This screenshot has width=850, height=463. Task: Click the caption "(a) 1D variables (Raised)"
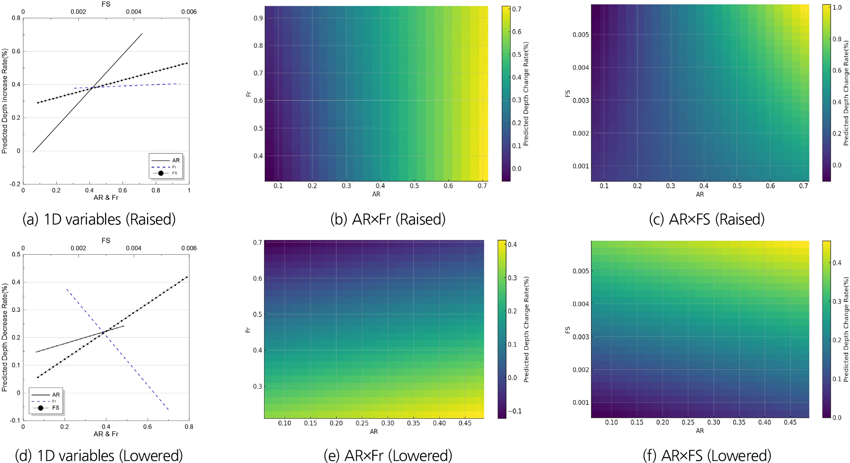(x=99, y=219)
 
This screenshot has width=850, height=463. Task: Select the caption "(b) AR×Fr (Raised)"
(x=388, y=219)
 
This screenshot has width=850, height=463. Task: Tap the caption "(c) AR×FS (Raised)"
(x=707, y=219)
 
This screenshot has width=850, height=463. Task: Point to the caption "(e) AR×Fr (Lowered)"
(x=388, y=455)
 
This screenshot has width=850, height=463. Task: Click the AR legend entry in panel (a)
(x=176, y=160)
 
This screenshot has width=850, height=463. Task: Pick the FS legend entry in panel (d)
(x=55, y=408)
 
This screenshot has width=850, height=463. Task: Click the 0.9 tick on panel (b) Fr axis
(x=258, y=18)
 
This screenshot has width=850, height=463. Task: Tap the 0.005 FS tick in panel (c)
(x=581, y=35)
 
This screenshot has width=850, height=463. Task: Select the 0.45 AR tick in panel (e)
(x=465, y=423)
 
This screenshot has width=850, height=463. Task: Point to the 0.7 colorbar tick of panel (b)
(x=517, y=9)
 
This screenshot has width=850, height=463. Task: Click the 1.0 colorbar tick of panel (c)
(x=837, y=8)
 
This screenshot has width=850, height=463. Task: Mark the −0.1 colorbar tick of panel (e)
(x=515, y=411)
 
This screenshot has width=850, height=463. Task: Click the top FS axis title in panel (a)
(x=106, y=4)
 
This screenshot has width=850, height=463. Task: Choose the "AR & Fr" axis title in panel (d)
(x=106, y=434)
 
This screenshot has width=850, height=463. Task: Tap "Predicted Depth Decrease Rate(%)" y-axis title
(x=5, y=337)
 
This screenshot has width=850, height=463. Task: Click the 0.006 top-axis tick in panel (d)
(x=189, y=248)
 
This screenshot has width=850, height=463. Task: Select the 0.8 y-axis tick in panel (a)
(x=16, y=18)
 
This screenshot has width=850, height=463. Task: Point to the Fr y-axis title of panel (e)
(x=248, y=330)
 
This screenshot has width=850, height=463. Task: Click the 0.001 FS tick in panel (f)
(x=581, y=403)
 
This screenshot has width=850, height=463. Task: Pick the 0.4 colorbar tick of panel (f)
(x=837, y=263)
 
